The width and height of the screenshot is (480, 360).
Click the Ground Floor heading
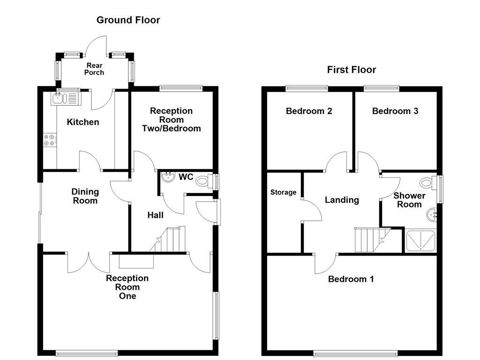[128, 20]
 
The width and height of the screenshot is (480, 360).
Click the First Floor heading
[351, 70]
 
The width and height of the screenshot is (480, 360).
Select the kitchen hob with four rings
[50, 139]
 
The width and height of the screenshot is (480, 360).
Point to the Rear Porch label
[94, 69]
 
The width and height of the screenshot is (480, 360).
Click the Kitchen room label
[83, 122]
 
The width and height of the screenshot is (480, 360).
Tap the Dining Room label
[85, 196]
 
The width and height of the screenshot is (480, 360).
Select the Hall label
[155, 215]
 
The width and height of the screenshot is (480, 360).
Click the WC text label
[186, 178]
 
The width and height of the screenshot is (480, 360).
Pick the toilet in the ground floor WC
[203, 181]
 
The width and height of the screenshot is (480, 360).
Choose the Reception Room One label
[127, 287]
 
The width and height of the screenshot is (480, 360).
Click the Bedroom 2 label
[309, 111]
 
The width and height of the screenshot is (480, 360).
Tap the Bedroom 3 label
[395, 111]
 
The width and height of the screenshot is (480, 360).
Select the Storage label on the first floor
[283, 192]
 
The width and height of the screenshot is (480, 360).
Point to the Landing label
[342, 200]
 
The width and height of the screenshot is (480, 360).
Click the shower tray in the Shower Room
[420, 241]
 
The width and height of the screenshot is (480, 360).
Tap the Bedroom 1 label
[351, 279]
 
